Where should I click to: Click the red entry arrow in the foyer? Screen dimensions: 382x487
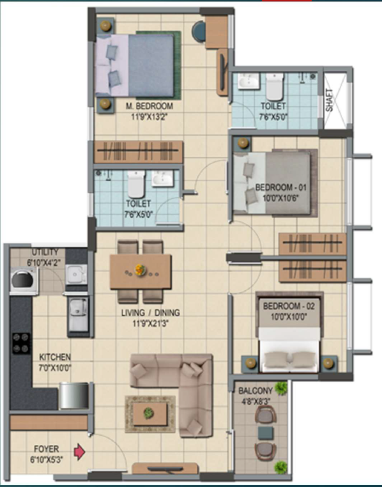[79, 452]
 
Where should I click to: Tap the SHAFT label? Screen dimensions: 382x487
[329, 100]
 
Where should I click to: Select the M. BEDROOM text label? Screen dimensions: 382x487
[149, 106]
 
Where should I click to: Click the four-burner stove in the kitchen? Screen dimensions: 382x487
[22, 343]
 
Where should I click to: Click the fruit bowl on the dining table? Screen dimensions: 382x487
[141, 270]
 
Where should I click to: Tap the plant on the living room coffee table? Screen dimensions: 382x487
[149, 413]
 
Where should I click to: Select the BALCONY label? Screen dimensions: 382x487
[256, 390]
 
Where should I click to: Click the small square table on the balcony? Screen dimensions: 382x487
[266, 433]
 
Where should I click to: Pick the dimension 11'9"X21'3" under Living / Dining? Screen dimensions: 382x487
[151, 323]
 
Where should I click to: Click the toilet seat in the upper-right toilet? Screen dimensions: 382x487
[275, 86]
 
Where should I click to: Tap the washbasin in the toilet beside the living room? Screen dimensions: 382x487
[162, 178]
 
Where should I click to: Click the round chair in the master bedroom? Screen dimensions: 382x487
[199, 31]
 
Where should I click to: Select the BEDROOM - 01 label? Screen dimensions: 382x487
[281, 188]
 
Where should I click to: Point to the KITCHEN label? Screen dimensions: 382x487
[55, 357]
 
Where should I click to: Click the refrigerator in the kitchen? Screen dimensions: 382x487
[74, 396]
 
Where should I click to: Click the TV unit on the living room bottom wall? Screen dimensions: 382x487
[165, 468]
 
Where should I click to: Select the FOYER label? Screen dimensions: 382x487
[46, 449]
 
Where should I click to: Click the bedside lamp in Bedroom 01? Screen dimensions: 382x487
[243, 143]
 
